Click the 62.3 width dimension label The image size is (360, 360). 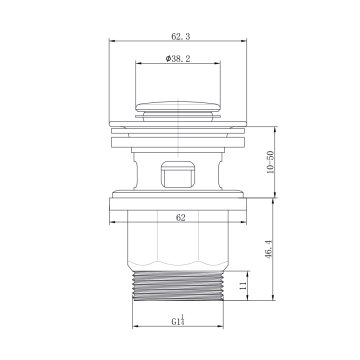(x=181, y=36)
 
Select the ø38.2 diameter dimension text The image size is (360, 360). (x=178, y=59)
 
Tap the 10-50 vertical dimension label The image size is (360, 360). (x=270, y=162)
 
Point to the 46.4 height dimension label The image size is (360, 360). (x=269, y=250)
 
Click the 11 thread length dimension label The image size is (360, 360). (x=242, y=285)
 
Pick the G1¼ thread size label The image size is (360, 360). (x=178, y=320)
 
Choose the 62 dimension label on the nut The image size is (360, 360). (x=180, y=218)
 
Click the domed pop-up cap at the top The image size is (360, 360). (x=178, y=106)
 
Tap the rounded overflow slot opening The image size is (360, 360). (x=178, y=174)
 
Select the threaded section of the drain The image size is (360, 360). (x=178, y=285)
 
